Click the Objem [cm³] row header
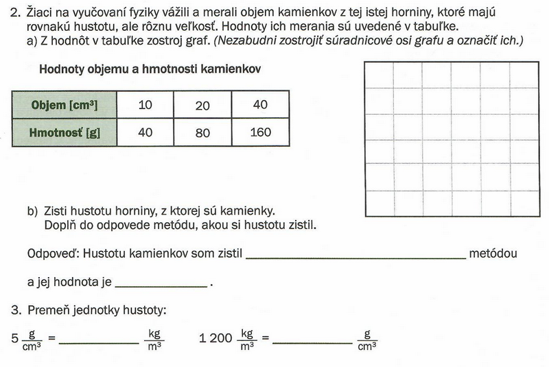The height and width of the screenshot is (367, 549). tap(65, 106)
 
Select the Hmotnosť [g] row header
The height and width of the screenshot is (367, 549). tap(65, 132)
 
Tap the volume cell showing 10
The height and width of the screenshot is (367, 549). tap(145, 106)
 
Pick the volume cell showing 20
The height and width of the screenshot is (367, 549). tap(202, 106)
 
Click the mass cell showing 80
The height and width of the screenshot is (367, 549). tap(202, 132)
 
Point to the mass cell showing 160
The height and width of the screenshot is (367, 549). tap(261, 132)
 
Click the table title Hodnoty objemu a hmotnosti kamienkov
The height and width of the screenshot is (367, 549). tap(149, 69)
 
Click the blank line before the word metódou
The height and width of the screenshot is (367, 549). tap(355, 257)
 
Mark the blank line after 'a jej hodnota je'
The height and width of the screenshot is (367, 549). tap(162, 285)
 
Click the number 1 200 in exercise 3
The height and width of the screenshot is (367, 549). tap(214, 338)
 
